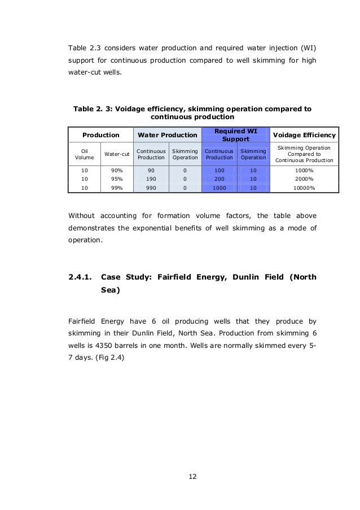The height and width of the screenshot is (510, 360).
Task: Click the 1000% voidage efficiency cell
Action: coord(304,169)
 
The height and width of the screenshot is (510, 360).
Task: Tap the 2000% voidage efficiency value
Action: coord(304,178)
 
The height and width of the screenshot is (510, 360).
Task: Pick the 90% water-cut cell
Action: coord(116,169)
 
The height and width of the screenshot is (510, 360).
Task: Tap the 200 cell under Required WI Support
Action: coord(218,178)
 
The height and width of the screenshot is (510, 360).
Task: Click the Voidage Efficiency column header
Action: coord(304,135)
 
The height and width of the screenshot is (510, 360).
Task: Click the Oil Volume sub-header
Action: coord(85,154)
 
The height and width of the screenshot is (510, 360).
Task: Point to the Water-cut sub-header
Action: coord(116,154)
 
